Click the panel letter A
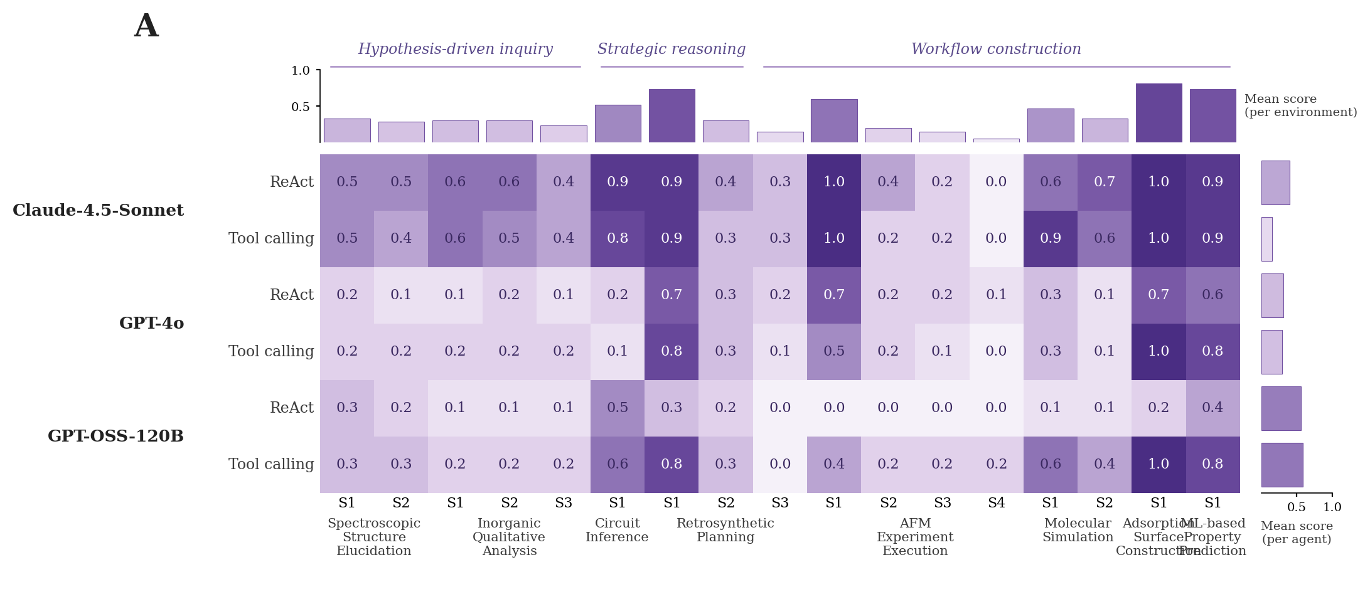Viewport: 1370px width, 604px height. [x=146, y=27]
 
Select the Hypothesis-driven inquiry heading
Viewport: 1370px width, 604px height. [x=455, y=50]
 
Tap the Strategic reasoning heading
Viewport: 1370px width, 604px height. [x=672, y=50]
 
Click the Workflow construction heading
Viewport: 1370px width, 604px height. [x=996, y=50]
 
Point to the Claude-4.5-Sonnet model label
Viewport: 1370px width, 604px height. [x=99, y=211]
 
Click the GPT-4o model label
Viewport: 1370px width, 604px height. [x=151, y=324]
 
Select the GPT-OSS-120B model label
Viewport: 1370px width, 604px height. [x=115, y=437]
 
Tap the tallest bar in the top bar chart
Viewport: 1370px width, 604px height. [x=1159, y=113]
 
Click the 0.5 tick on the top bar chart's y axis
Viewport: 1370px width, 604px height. [x=301, y=107]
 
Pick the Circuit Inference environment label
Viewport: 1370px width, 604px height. [x=617, y=531]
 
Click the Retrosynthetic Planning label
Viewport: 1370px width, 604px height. [x=725, y=531]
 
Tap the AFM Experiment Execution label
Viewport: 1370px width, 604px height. [x=915, y=538]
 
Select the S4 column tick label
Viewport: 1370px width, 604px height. [x=997, y=503]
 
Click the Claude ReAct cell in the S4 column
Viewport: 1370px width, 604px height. [x=997, y=183]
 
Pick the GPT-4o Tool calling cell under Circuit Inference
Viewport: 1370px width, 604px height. [x=618, y=352]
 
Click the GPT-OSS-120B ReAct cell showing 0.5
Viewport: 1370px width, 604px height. [x=618, y=408]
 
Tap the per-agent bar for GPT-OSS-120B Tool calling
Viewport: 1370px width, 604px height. [x=1282, y=465]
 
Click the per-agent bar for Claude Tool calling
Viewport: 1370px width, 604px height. [x=1266, y=239]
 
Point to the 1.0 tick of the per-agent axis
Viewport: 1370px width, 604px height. [x=1332, y=507]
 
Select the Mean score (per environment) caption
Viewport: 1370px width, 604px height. [x=1300, y=106]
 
